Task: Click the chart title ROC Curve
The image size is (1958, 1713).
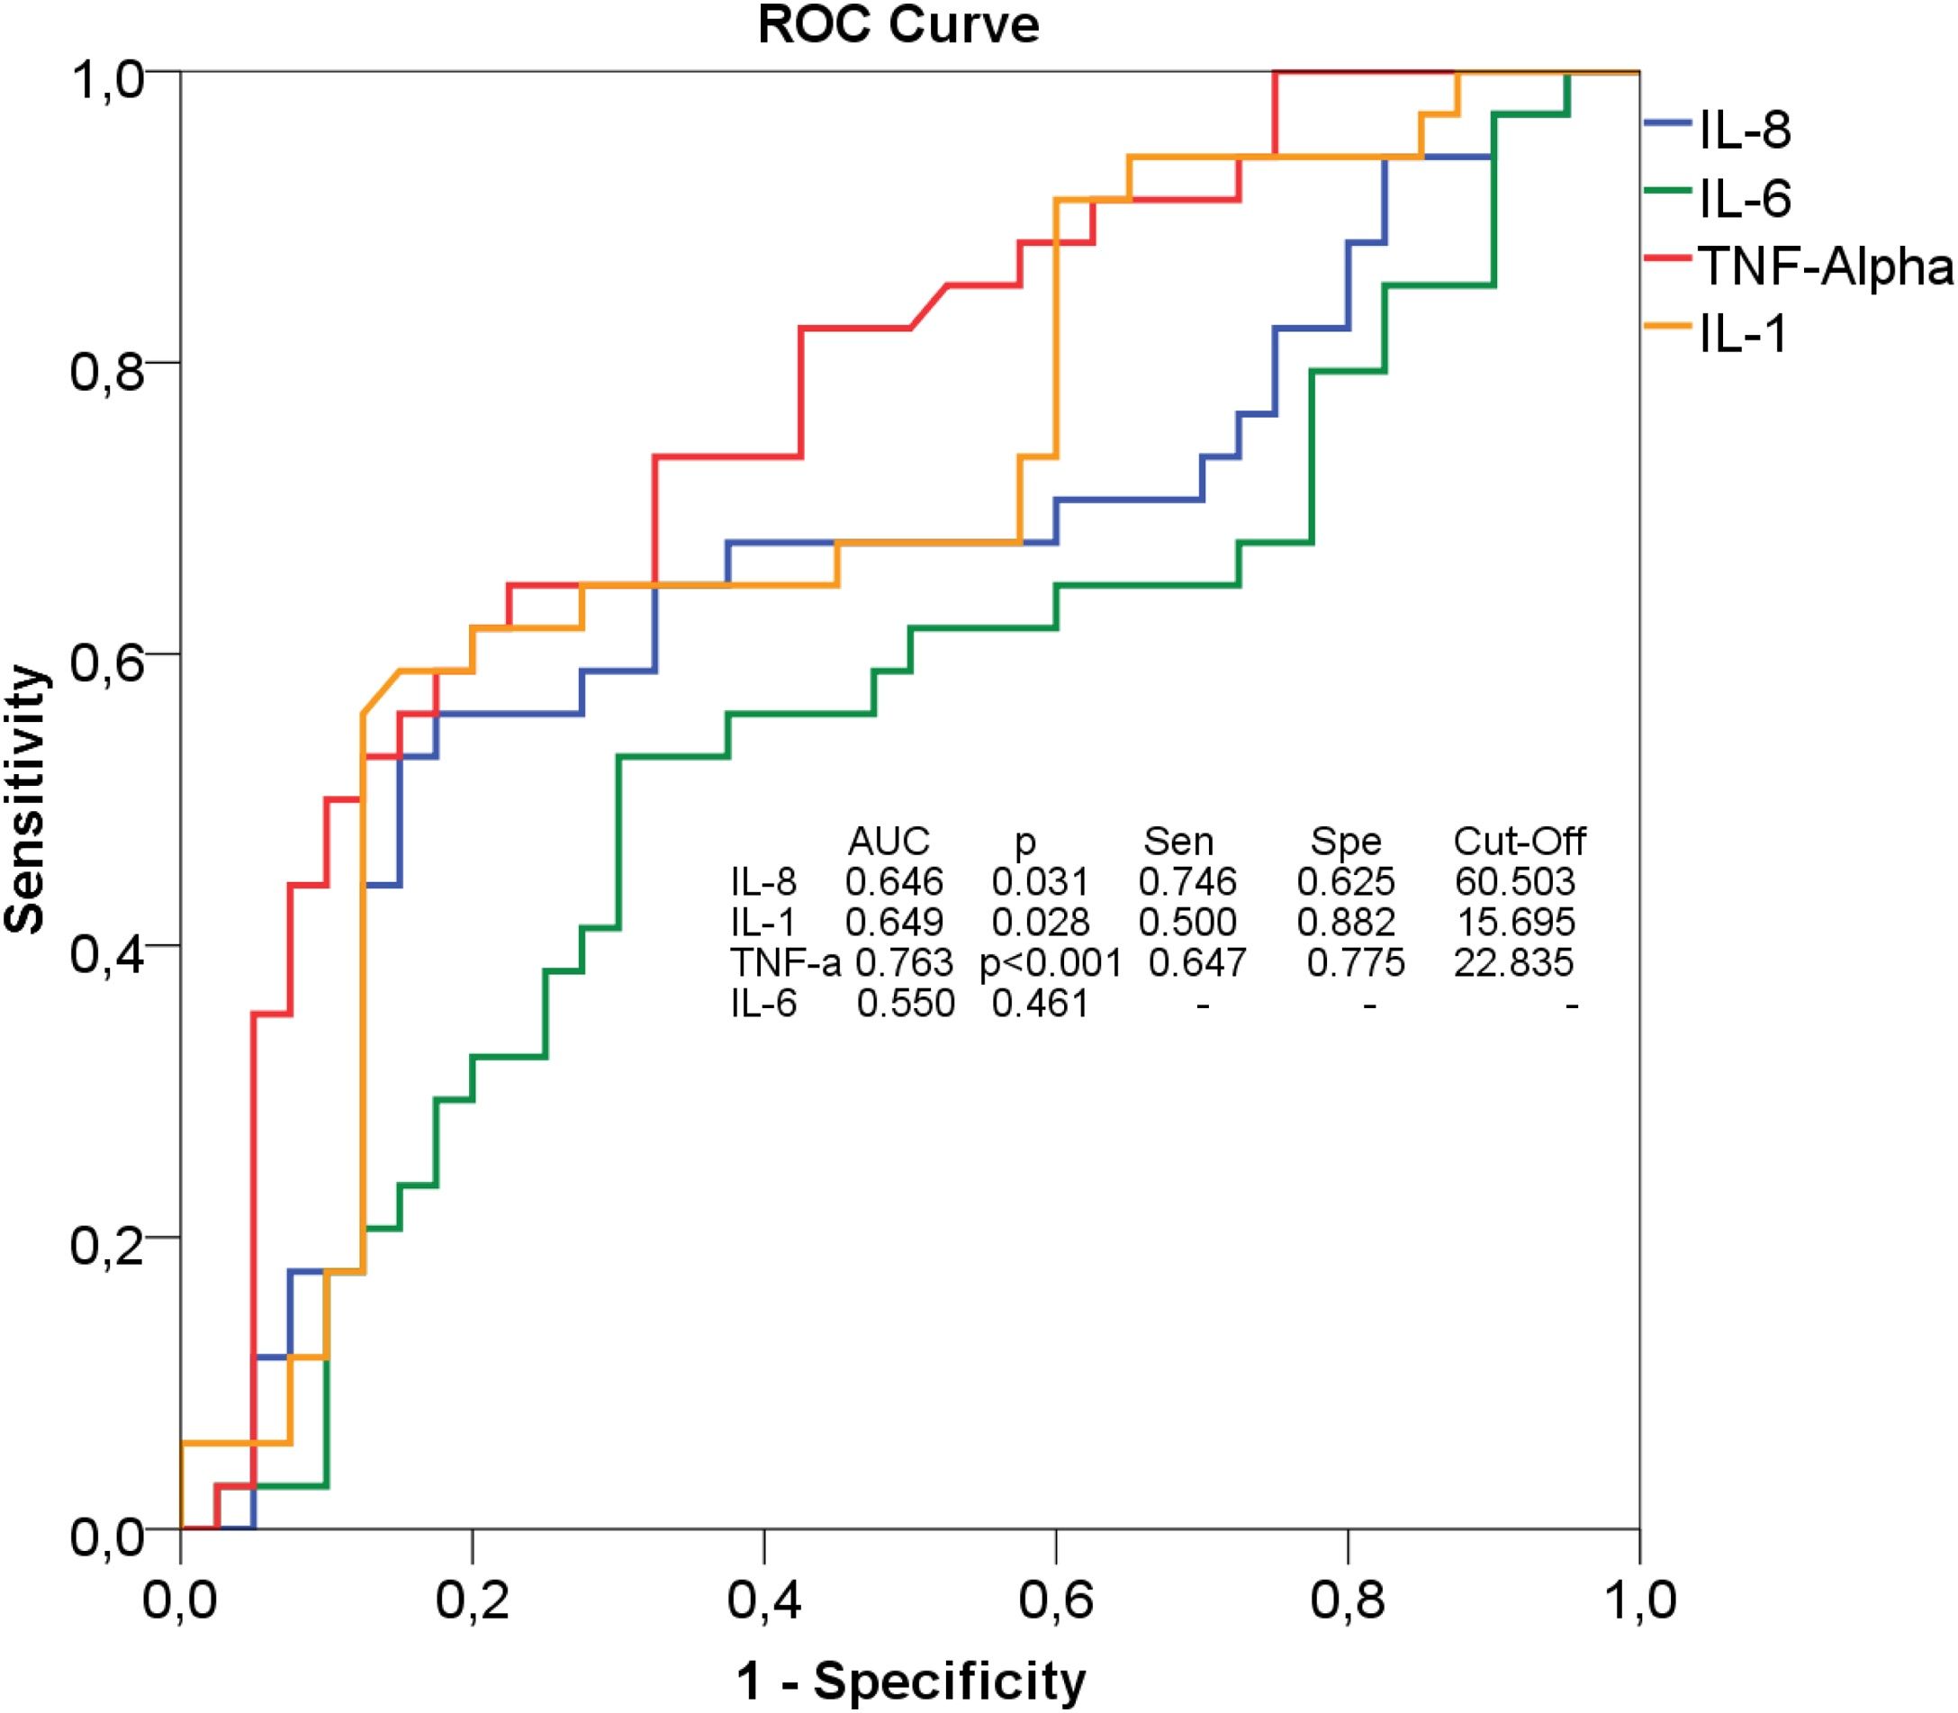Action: pyautogui.click(x=898, y=26)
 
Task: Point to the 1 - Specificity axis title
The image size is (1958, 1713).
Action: pyautogui.click(x=911, y=1680)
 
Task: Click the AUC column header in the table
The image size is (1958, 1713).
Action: pyautogui.click(x=889, y=842)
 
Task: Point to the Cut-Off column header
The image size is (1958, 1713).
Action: pyautogui.click(x=1520, y=842)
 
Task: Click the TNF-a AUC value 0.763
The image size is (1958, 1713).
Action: pyautogui.click(x=904, y=962)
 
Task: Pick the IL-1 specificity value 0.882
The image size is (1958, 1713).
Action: pyautogui.click(x=1346, y=923)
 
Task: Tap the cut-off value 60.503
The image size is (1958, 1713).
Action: pyautogui.click(x=1515, y=881)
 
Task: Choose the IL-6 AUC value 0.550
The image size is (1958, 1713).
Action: pyautogui.click(x=906, y=1004)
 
